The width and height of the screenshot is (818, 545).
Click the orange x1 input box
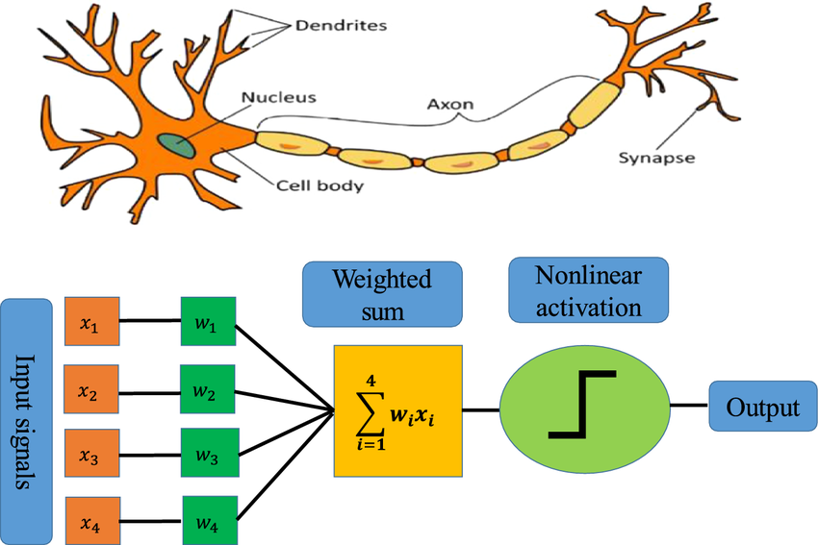click(x=89, y=323)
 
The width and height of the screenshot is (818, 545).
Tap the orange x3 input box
click(x=89, y=456)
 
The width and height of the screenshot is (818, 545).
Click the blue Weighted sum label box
click(x=382, y=293)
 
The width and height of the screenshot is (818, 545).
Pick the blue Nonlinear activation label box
click(x=587, y=291)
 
